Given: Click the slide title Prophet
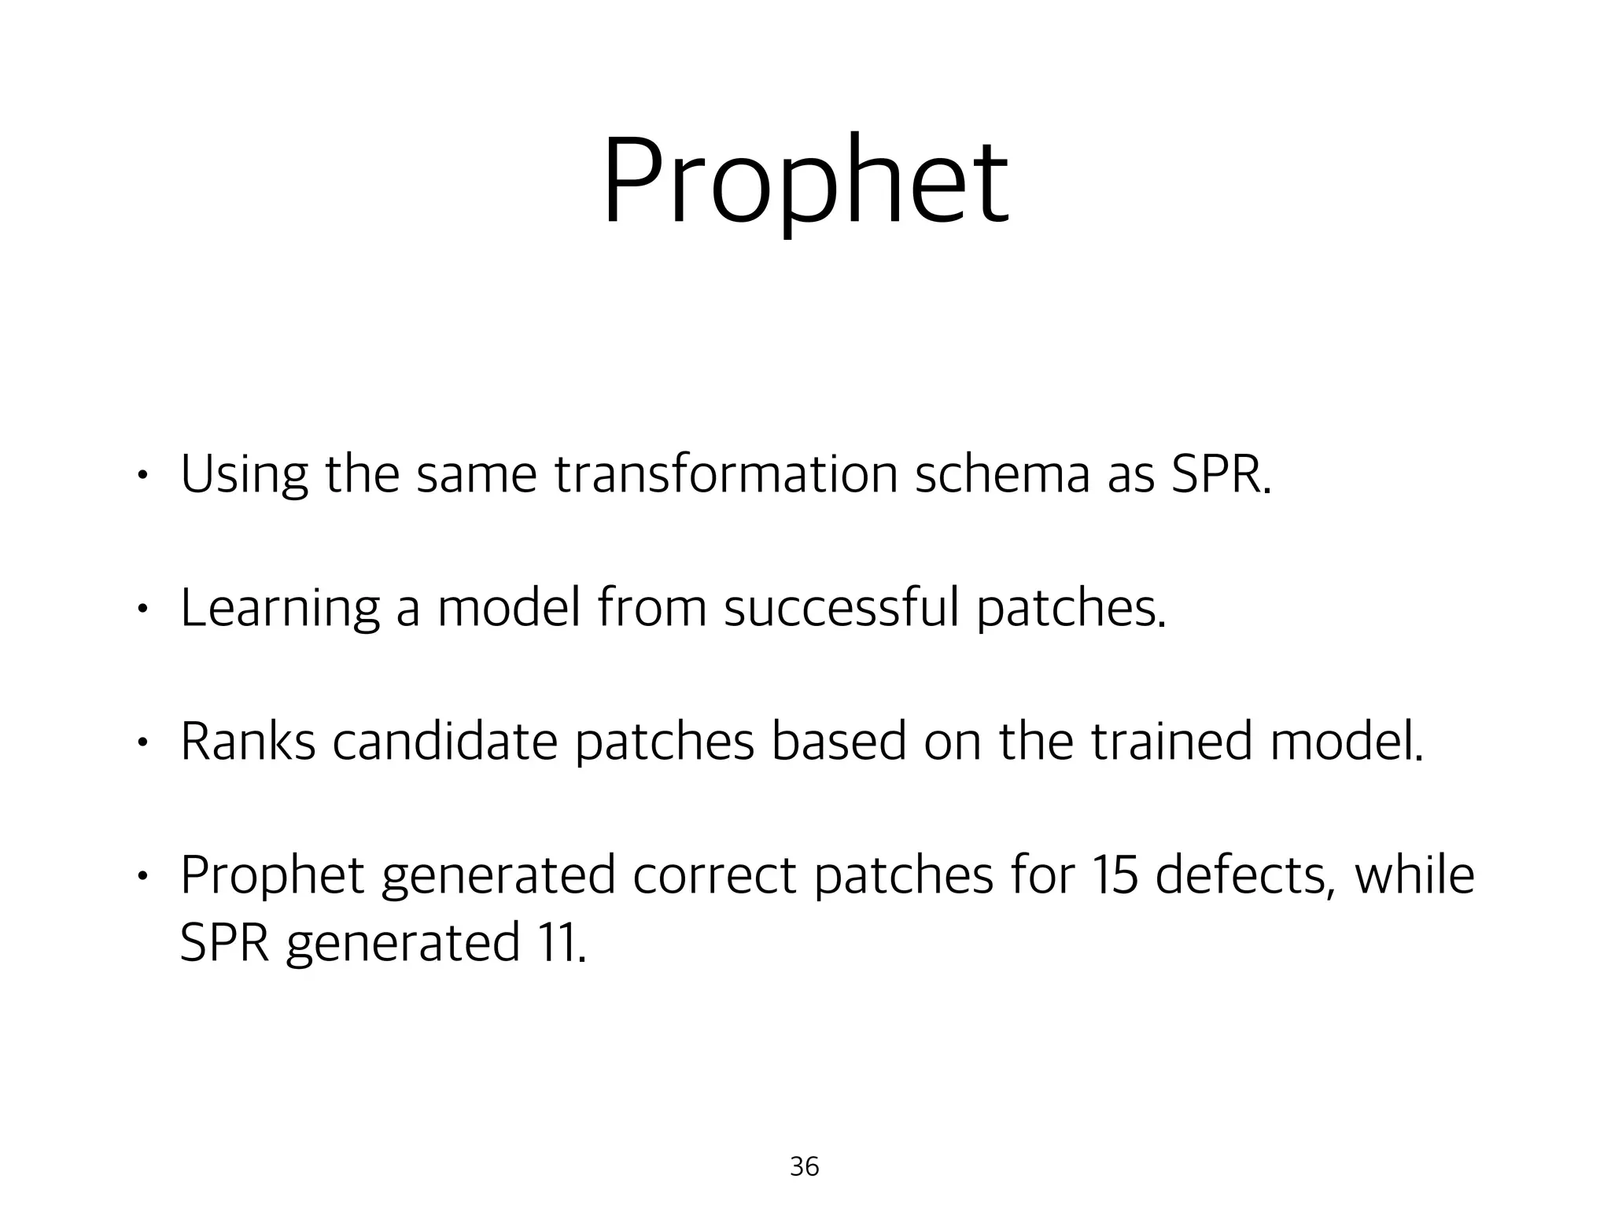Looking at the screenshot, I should [805, 182].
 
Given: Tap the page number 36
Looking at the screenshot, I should [804, 1166].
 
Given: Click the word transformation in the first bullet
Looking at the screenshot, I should [725, 475].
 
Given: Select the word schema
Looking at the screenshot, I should [1001, 475].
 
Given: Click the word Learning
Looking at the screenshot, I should [279, 610].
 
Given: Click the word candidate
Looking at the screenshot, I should [444, 742].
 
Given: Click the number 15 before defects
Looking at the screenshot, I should [1113, 875].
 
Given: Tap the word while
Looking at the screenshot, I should [1414, 875].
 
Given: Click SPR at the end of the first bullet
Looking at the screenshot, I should [1220, 475].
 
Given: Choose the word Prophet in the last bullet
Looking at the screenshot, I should [272, 876].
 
